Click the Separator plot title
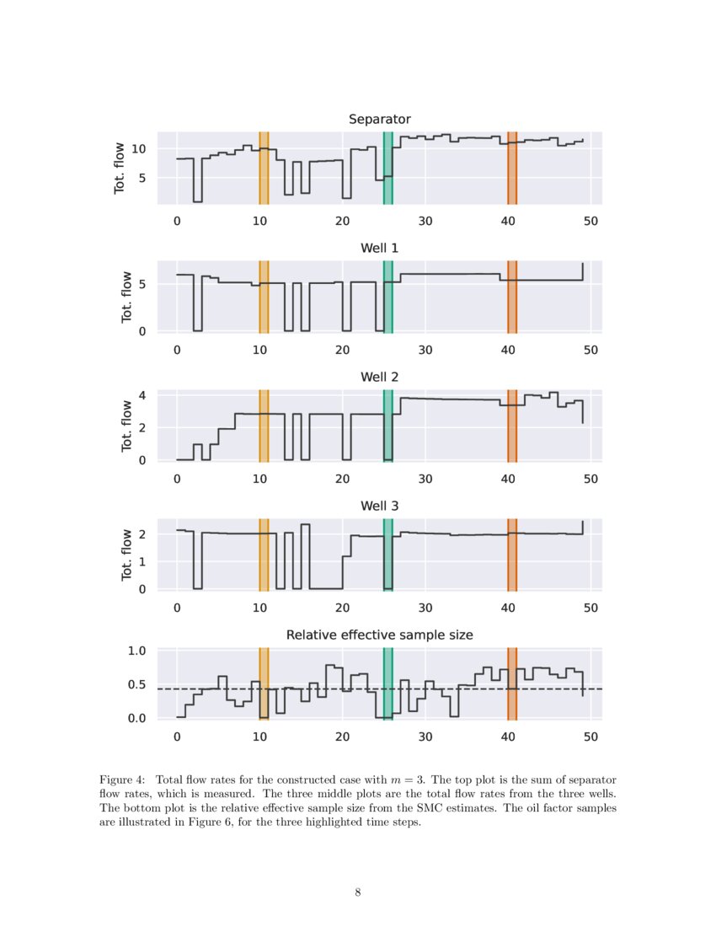[x=379, y=120]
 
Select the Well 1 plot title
[x=379, y=249]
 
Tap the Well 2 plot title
[x=379, y=378]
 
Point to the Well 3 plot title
[x=379, y=506]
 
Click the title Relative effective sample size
[x=379, y=635]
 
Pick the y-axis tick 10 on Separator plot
[x=142, y=149]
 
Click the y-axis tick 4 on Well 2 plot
[x=143, y=395]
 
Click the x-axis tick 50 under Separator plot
[x=590, y=221]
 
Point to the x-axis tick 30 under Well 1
[x=425, y=350]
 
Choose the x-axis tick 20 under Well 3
[x=342, y=608]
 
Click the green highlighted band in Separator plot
[x=387, y=169]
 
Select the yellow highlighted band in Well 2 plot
[x=264, y=426]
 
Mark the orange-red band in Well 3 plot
[x=511, y=555]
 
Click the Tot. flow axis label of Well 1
[x=126, y=297]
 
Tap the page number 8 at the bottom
[x=358, y=893]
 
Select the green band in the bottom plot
[x=387, y=684]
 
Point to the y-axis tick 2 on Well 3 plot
[x=143, y=534]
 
